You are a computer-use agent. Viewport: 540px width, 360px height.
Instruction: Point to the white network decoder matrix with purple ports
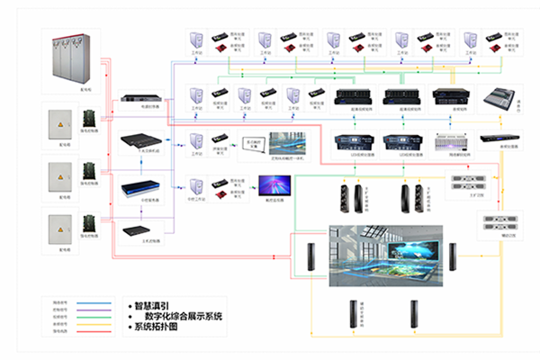tap(450, 140)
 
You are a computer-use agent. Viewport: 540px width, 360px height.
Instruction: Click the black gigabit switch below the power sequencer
tap(140, 139)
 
